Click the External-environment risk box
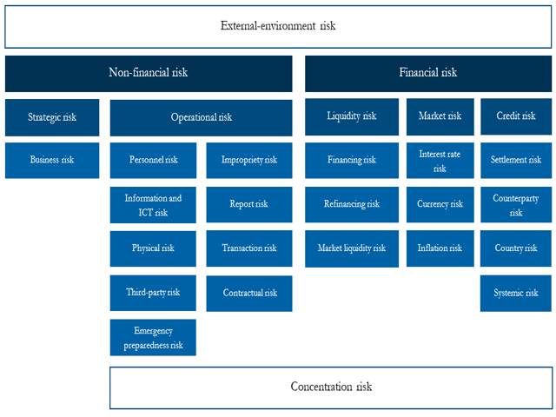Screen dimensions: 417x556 point(278,26)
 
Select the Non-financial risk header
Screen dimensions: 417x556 point(149,74)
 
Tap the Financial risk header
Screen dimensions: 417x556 point(427,74)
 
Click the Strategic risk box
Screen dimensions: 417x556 point(52,117)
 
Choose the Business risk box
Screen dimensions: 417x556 point(52,160)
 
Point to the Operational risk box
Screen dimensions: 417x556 point(201,117)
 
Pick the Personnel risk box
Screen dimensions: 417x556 point(153,160)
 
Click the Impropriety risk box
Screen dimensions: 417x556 point(249,160)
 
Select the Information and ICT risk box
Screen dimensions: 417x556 point(153,205)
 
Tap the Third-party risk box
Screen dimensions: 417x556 point(153,293)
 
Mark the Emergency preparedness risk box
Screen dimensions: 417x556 point(153,338)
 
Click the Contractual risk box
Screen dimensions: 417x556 point(249,293)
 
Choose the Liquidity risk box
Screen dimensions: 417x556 point(351,116)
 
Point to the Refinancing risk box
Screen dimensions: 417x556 point(351,204)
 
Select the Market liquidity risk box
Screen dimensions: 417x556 point(351,248)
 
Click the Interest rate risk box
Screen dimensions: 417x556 point(440,161)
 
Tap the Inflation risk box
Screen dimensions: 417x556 point(440,248)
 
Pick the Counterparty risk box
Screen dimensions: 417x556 point(516,205)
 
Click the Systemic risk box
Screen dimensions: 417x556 point(516,293)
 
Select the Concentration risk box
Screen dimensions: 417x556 point(330,387)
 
